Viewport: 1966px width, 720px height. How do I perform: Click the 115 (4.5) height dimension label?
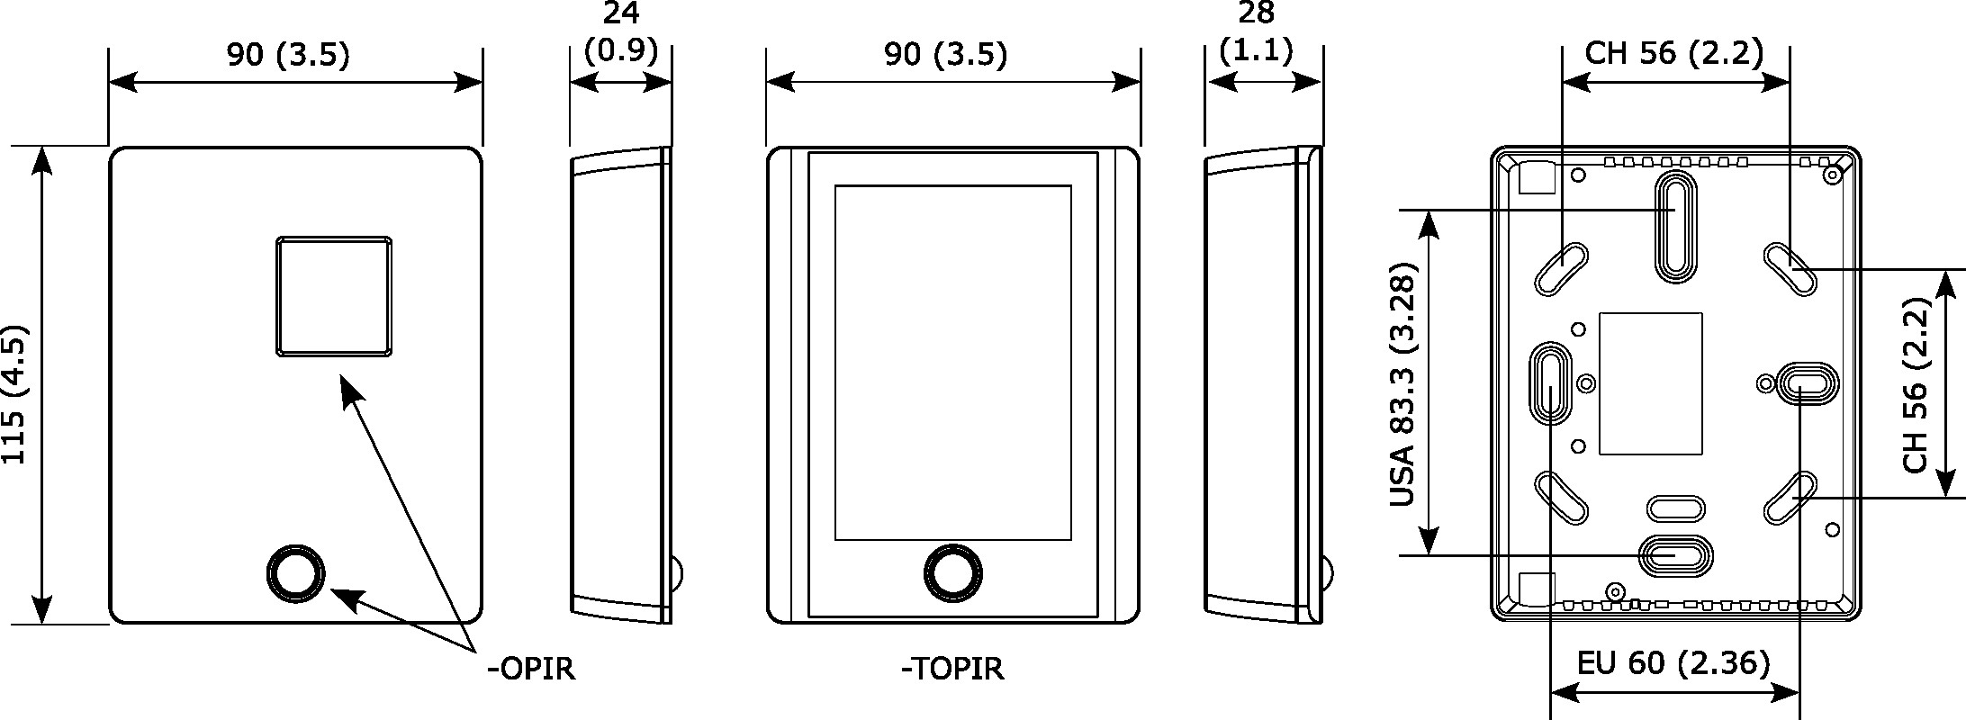(x=15, y=394)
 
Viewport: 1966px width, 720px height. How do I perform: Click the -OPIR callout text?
(x=530, y=669)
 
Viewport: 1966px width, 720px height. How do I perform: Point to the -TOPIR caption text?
(x=952, y=669)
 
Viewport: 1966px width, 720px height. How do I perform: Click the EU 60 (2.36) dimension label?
(x=1673, y=663)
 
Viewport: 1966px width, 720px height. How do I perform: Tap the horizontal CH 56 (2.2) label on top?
(x=1673, y=53)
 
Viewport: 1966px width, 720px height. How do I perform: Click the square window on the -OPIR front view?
(x=334, y=295)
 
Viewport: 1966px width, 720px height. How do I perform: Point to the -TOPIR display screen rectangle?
(x=952, y=363)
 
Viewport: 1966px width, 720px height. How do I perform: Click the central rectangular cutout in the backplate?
(x=1650, y=383)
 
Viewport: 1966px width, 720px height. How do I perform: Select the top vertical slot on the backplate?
(x=1674, y=227)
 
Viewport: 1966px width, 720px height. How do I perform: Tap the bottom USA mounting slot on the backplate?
(x=1674, y=555)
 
